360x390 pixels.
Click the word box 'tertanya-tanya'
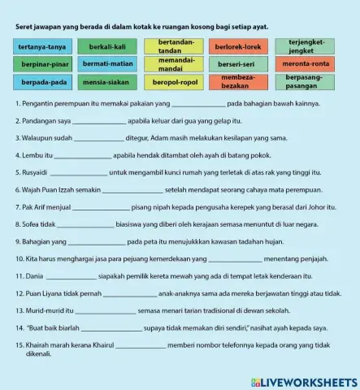click(43, 47)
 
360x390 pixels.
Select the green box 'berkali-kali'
click(107, 47)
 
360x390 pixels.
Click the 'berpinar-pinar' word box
click(43, 64)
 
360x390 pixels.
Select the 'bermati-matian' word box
click(107, 64)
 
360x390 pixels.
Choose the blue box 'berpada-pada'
click(43, 82)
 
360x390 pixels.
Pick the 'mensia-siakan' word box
click(107, 82)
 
